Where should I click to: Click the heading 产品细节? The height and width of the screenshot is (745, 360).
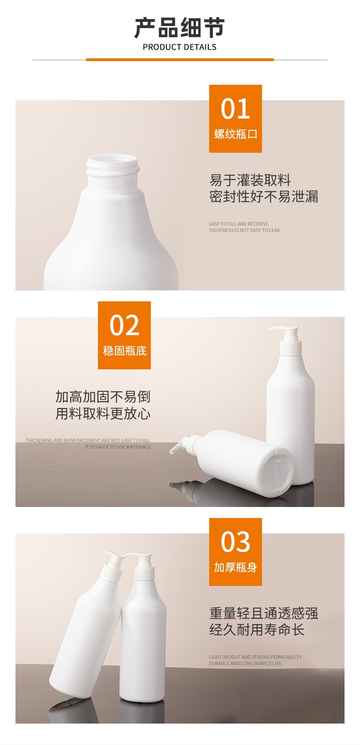[180, 28]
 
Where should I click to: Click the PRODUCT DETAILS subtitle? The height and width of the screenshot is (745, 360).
[180, 47]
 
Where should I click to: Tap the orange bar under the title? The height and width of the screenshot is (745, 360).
[180, 60]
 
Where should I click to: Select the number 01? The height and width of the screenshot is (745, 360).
[235, 109]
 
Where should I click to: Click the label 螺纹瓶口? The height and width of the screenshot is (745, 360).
[236, 134]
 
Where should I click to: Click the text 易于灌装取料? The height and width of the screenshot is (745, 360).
[250, 180]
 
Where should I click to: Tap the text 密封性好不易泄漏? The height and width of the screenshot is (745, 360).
[263, 197]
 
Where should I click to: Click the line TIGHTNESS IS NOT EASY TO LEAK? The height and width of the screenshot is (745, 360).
[244, 230]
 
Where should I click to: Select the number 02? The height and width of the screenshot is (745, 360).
[124, 325]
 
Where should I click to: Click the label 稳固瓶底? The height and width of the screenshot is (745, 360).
[124, 351]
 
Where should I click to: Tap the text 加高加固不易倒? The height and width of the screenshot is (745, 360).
[103, 397]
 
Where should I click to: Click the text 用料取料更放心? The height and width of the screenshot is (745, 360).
[103, 414]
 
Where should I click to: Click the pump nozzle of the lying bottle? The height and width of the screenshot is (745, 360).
[181, 445]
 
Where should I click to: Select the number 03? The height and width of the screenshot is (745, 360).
[235, 542]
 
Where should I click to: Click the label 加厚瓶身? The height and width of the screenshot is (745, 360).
[236, 567]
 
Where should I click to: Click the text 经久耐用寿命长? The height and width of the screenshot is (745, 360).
[257, 630]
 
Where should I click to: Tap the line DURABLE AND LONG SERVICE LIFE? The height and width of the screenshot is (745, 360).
[245, 663]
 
